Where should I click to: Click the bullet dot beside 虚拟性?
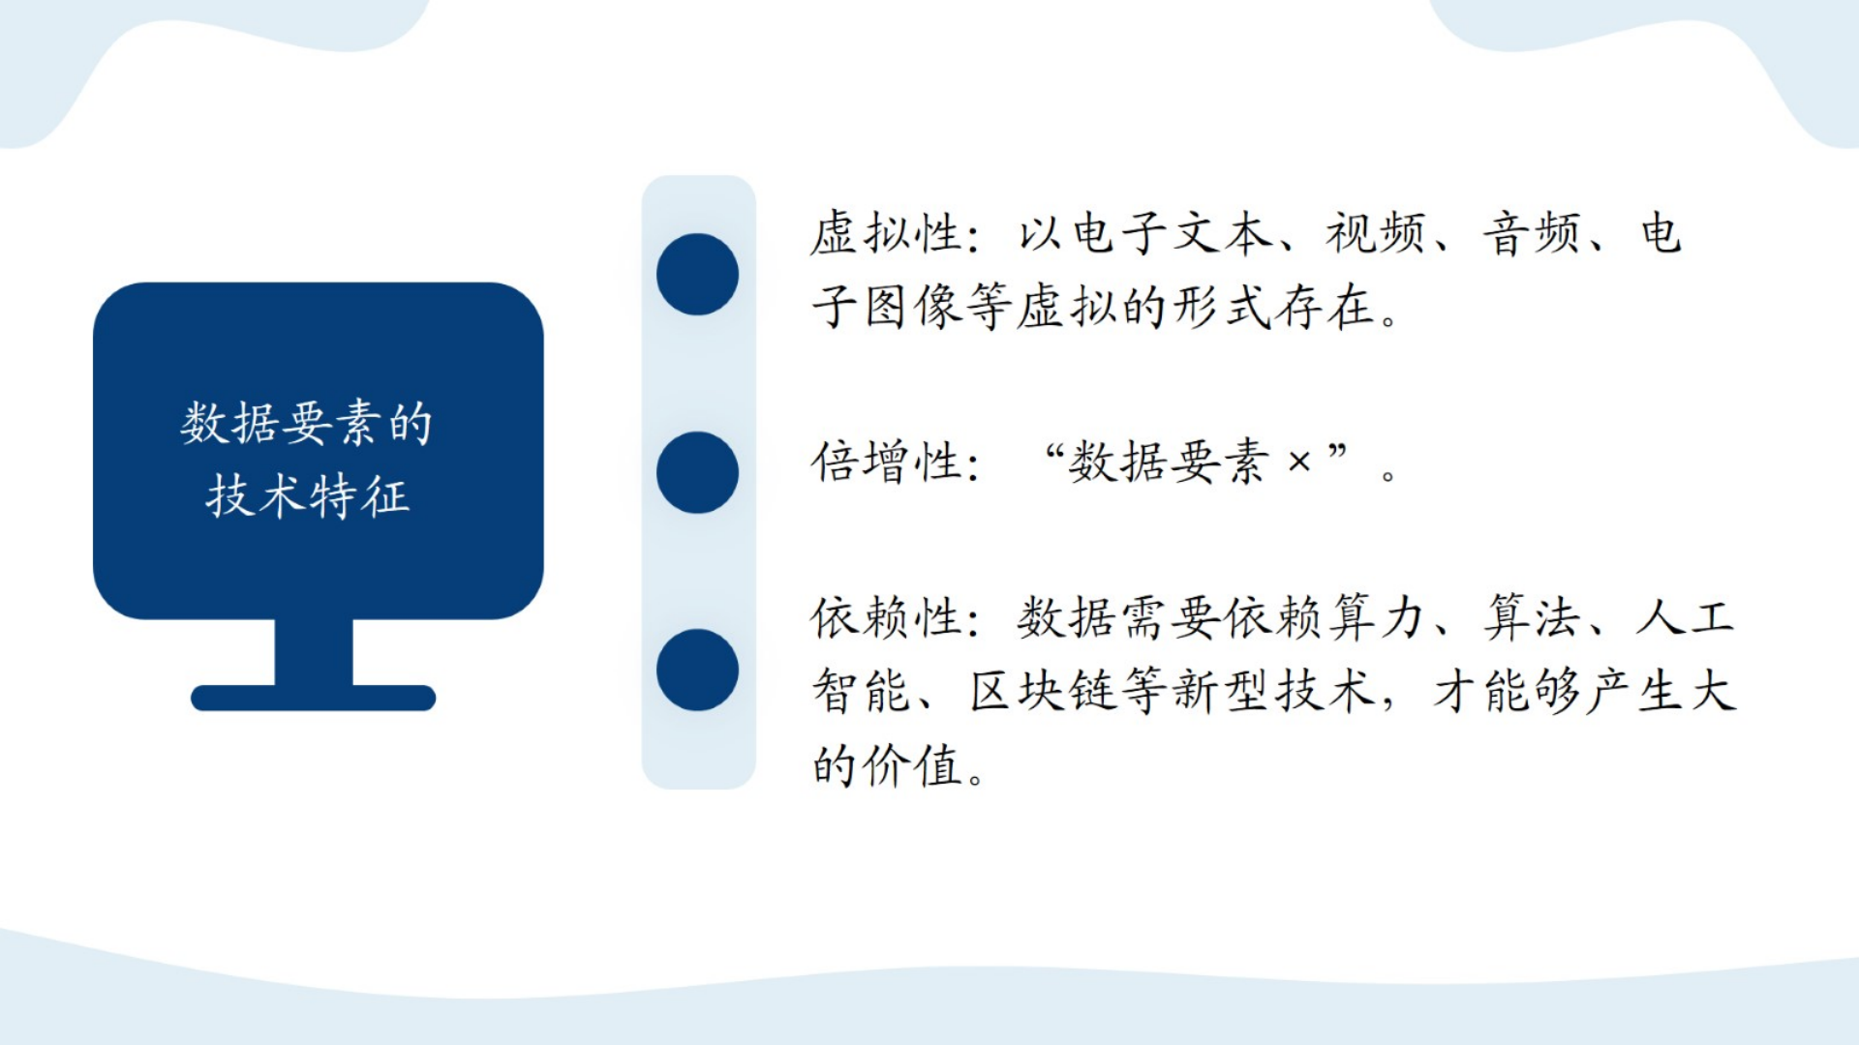click(x=697, y=274)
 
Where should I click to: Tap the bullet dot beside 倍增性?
click(x=697, y=472)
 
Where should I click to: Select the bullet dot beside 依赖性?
click(x=697, y=671)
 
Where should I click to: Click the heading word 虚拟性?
click(x=885, y=234)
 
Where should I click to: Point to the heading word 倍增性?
click(x=885, y=462)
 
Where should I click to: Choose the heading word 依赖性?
click(x=885, y=617)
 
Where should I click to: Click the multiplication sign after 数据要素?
click(x=1299, y=463)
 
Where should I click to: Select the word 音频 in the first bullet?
click(x=1532, y=234)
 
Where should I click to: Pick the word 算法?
click(x=1532, y=617)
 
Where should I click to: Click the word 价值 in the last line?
click(x=912, y=765)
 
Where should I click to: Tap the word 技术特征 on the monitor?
click(x=308, y=496)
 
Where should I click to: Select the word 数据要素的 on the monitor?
click(x=307, y=423)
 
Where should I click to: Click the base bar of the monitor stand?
click(x=314, y=698)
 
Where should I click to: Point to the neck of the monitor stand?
click(x=314, y=652)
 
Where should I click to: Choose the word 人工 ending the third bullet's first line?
click(x=1686, y=617)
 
